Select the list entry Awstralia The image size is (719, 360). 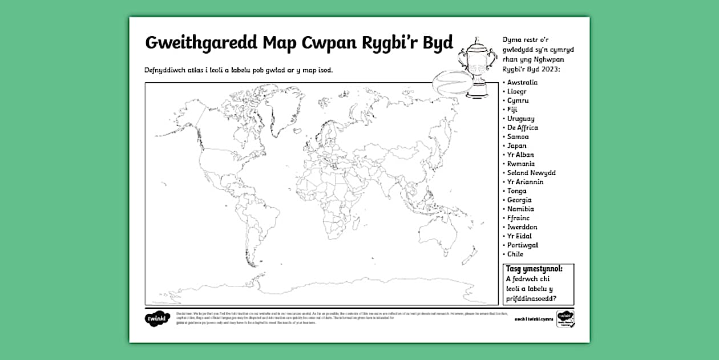point(522,82)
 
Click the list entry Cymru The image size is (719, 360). point(518,100)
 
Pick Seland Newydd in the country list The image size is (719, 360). point(531,173)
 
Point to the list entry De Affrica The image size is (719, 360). point(522,128)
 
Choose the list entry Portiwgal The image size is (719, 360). point(522,245)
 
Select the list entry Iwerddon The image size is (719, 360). point(522,227)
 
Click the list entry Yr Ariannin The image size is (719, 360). point(525,182)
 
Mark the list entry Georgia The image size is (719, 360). point(519,200)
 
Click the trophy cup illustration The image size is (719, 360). point(476,63)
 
